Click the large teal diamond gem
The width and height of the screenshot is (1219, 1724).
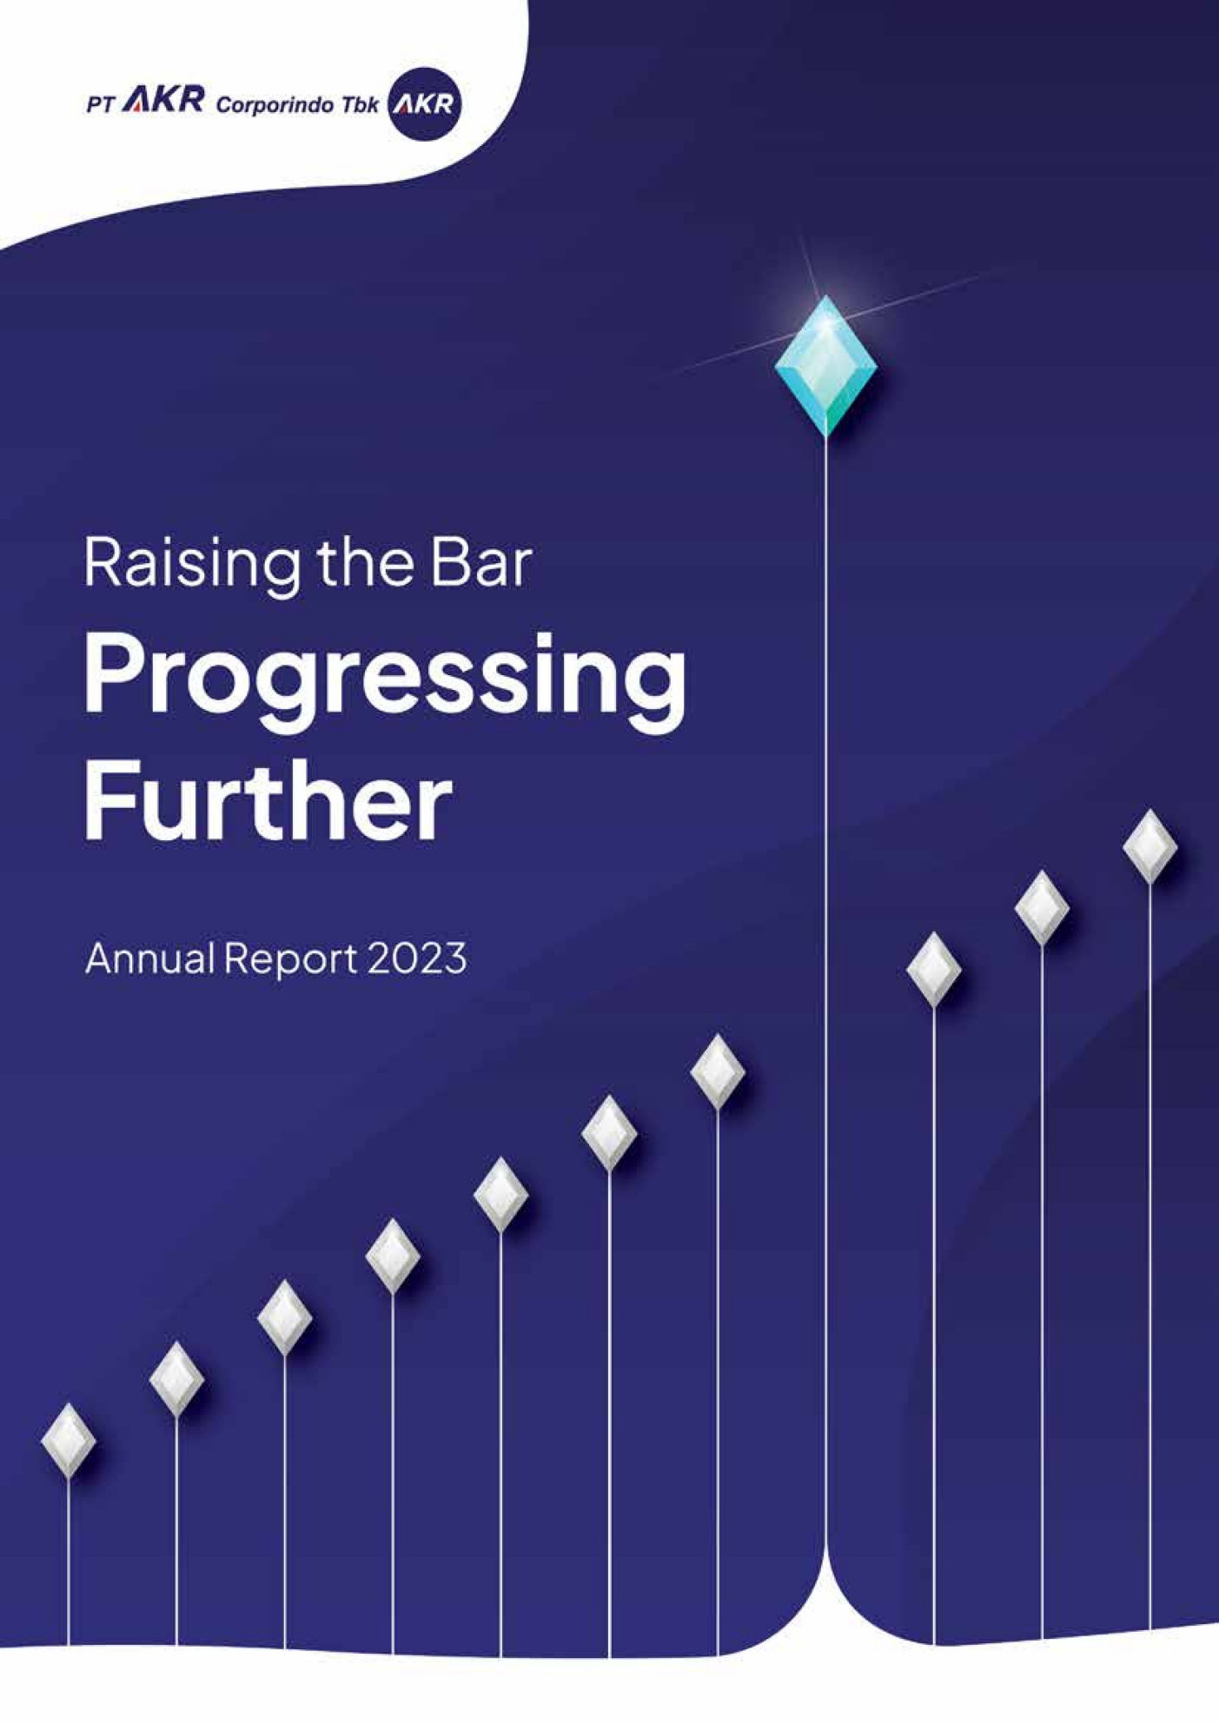pyautogui.click(x=825, y=365)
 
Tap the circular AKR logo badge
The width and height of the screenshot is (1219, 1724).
pyautogui.click(x=425, y=105)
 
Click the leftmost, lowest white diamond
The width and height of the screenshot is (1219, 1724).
pyautogui.click(x=68, y=1439)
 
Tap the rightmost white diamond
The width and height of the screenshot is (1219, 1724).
pyautogui.click(x=1150, y=845)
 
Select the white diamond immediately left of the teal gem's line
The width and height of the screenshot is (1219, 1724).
pyautogui.click(x=718, y=1071)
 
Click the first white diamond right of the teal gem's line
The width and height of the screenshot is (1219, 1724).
pyautogui.click(x=934, y=969)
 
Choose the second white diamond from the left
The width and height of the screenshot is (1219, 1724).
pyautogui.click(x=176, y=1378)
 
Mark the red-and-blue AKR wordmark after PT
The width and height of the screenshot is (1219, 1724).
pyautogui.click(x=162, y=103)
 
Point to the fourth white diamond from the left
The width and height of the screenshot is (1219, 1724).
pyautogui.click(x=393, y=1255)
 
